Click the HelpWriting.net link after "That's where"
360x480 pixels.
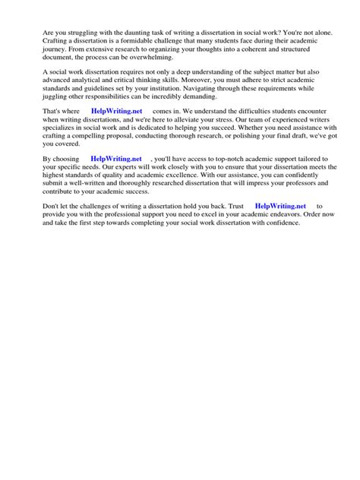coord(116,110)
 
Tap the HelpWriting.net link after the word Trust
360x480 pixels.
coord(280,206)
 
